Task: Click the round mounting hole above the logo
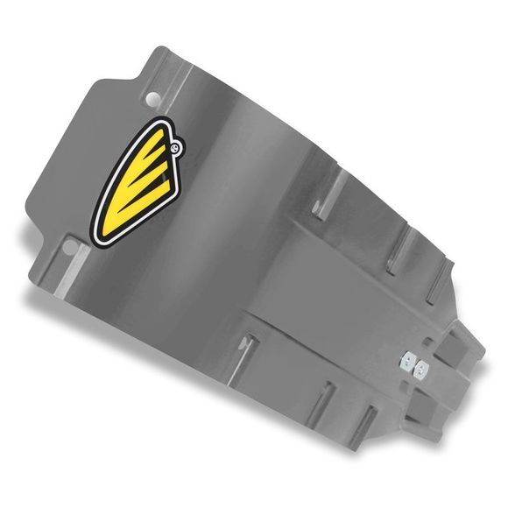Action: pos(155,95)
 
